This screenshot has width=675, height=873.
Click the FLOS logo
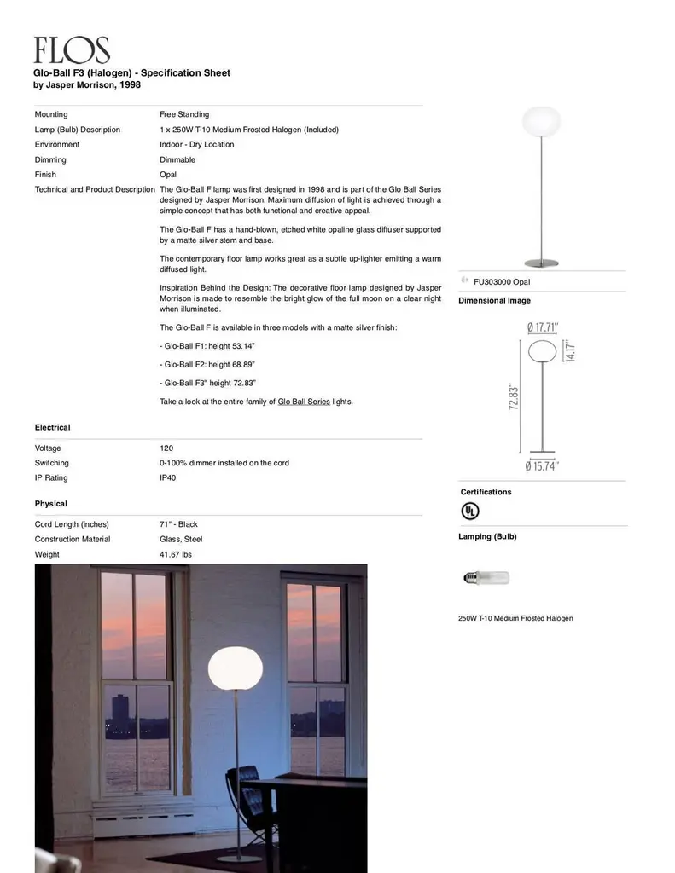72,50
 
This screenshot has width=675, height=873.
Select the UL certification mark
469,511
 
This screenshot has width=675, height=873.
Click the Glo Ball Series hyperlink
304,402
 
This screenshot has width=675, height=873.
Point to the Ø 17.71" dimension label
543,327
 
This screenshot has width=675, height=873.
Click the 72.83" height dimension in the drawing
514,396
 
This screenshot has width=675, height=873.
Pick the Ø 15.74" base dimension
542,466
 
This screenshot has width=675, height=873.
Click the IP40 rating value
168,478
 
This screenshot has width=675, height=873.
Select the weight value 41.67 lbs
176,555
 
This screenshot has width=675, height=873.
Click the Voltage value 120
166,448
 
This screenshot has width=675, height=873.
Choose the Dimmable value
177,160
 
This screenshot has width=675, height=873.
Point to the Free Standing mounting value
184,114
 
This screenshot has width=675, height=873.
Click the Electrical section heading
53,427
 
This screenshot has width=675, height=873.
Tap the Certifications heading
486,492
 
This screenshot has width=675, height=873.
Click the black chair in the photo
247,797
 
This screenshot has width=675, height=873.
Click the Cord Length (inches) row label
72,524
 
